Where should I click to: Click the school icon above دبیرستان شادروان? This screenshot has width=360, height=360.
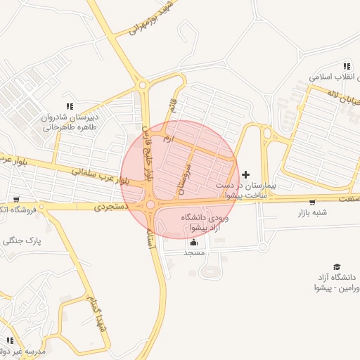click(69, 105)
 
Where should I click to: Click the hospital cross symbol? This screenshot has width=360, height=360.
click(245, 174)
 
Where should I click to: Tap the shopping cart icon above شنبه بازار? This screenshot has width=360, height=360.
click(312, 202)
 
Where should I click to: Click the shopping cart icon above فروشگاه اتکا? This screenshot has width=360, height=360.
click(16, 200)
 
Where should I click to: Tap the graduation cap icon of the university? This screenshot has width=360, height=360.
click(337, 266)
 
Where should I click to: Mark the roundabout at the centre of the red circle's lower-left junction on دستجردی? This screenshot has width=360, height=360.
click(150, 205)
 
